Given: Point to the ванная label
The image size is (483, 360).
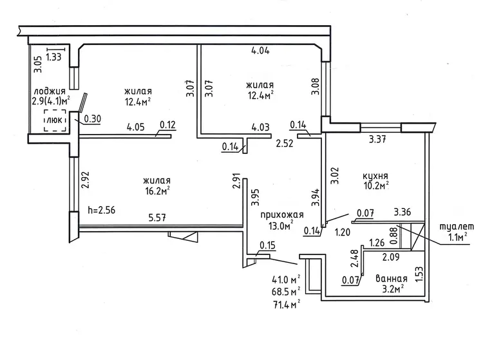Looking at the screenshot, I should point(392,279).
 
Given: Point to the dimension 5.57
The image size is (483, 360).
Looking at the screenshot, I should point(158,218).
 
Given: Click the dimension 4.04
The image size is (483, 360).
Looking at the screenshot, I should point(261,51).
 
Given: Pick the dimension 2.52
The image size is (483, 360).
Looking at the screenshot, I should point(285,144).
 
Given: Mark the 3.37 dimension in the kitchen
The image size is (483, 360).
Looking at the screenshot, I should point(376,137).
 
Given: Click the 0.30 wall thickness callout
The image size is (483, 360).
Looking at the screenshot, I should point(93,118).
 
